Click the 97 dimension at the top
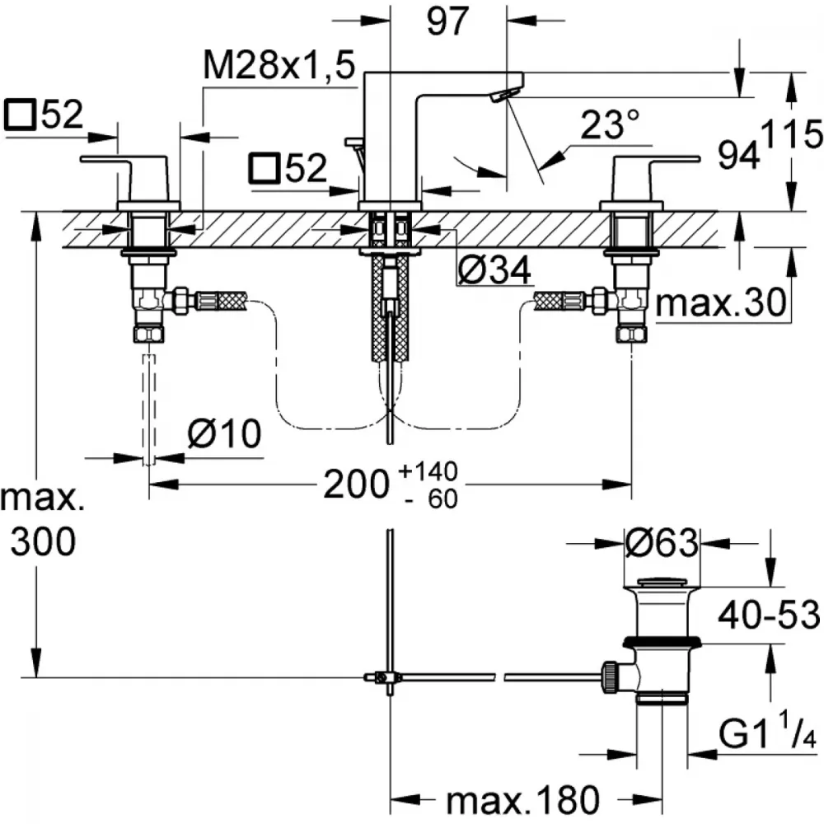[x=447, y=21]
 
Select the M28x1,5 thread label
[x=279, y=66]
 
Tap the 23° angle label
[x=610, y=124]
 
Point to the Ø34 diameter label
[x=494, y=270]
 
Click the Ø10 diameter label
[x=224, y=434]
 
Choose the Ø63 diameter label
[x=662, y=542]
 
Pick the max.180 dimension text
[x=522, y=800]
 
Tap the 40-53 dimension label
[x=768, y=615]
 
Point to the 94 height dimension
[x=739, y=156]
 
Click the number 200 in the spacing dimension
[x=356, y=484]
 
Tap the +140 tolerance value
[x=428, y=471]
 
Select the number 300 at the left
[x=43, y=541]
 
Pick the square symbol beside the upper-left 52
[x=20, y=115]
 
